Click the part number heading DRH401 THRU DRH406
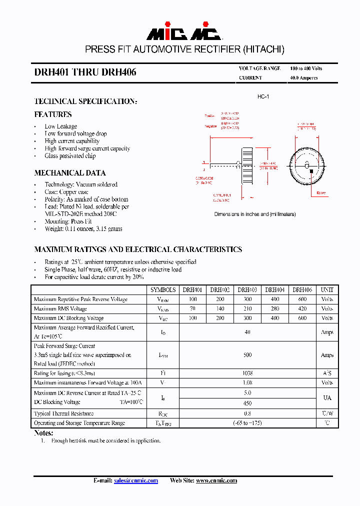coord(85,72)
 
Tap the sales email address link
coord(136,480)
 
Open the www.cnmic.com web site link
coord(216,480)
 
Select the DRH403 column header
coord(247,289)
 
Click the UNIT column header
coord(327,289)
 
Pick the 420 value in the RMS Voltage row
coord(302,308)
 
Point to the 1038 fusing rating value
coord(247,373)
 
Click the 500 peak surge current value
coord(247,355)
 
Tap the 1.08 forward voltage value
coord(247,382)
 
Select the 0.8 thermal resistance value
coord(247,413)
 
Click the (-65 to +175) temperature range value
coord(247,423)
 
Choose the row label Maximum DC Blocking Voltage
coord(69,318)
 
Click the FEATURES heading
coord(53,114)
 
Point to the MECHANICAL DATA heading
coord(70,173)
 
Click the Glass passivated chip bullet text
coord(70,156)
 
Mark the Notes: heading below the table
coord(43,433)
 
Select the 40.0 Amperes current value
coord(304,78)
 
